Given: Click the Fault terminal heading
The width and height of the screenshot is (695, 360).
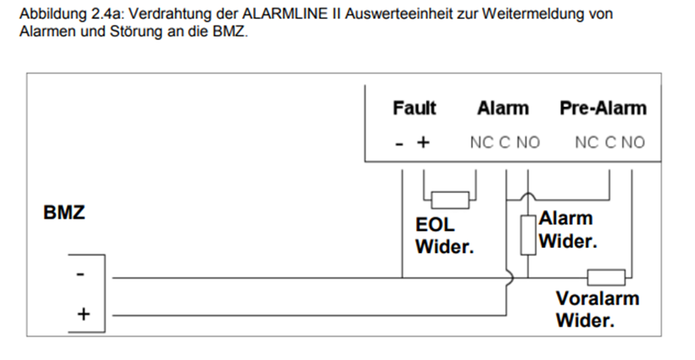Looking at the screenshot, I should pyautogui.click(x=414, y=108).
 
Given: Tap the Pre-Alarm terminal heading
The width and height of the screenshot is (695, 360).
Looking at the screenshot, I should pyautogui.click(x=603, y=108).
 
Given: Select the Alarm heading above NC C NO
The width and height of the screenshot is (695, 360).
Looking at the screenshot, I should pyautogui.click(x=503, y=108).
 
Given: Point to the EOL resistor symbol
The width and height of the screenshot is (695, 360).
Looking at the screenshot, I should pyautogui.click(x=450, y=200).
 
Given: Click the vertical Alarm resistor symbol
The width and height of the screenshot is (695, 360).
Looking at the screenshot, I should pyautogui.click(x=527, y=235).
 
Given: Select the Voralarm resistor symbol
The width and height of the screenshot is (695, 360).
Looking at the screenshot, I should pyautogui.click(x=606, y=277).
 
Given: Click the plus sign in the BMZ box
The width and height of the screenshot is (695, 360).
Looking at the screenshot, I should pyautogui.click(x=82, y=314).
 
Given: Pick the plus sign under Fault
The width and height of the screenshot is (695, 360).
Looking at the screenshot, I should pyautogui.click(x=423, y=142).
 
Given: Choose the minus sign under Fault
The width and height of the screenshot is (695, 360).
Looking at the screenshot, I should pyautogui.click(x=400, y=143).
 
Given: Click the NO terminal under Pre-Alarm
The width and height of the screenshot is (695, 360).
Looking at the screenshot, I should pyautogui.click(x=633, y=142).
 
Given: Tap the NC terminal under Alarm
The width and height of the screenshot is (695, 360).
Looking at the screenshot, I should pyautogui.click(x=481, y=142).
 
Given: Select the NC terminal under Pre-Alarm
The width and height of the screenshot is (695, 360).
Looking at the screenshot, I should pyautogui.click(x=586, y=142).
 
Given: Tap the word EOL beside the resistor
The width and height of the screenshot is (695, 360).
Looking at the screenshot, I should pyautogui.click(x=435, y=225).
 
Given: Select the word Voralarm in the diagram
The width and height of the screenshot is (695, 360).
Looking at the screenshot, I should pyautogui.click(x=597, y=298).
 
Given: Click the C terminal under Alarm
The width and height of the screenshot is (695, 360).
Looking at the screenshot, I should pyautogui.click(x=505, y=142).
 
